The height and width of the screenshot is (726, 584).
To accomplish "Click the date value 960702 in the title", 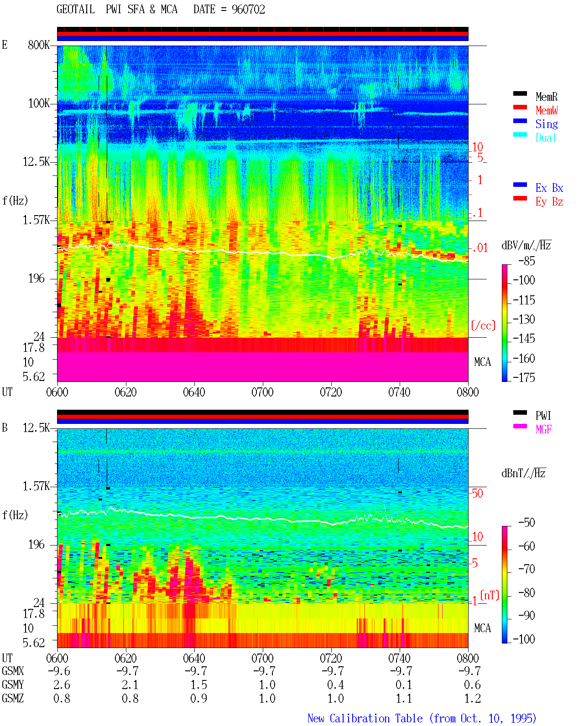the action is tap(248, 10).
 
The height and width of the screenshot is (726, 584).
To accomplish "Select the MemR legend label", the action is tap(546, 97).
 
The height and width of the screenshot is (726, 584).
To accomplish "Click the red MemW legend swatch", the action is tap(520, 107).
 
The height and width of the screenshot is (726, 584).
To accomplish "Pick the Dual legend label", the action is tap(546, 138).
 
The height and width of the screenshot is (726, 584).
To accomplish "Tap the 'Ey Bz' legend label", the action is tap(549, 201).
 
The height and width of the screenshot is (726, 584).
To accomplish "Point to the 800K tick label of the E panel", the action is tap(39, 45).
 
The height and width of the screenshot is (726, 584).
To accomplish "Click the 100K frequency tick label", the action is tap(39, 103).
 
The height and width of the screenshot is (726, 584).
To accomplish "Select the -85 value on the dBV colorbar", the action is tap(527, 261).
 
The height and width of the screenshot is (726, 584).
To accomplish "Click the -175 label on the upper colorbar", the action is tap(524, 377).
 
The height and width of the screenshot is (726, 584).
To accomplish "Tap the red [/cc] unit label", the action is tap(483, 325).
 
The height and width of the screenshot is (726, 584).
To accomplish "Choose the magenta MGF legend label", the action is tap(543, 429).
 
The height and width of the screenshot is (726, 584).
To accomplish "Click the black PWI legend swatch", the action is tap(520, 412).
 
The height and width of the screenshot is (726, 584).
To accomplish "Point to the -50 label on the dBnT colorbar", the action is tap(527, 523).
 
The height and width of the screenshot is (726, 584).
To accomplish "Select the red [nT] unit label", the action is tap(490, 595).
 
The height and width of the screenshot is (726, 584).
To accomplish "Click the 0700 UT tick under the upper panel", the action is tap(262, 392).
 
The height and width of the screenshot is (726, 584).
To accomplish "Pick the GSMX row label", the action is tap(13, 671).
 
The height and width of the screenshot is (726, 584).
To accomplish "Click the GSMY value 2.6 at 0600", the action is tap(62, 685).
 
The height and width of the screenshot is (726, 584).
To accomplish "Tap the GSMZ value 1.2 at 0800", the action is tap(473, 698).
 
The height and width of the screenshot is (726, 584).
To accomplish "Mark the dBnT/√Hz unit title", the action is tap(523, 474).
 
